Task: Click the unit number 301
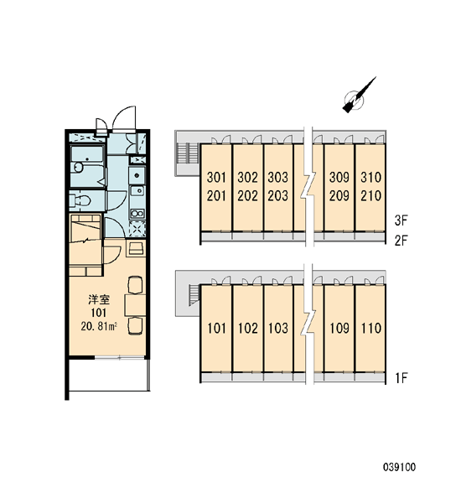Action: click(x=216, y=177)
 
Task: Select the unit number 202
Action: click(x=247, y=195)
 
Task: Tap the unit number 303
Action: click(x=278, y=177)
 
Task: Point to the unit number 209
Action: click(x=339, y=195)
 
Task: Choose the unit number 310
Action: click(x=370, y=177)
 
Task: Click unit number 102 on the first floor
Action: click(x=247, y=328)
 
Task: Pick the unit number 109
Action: click(x=339, y=328)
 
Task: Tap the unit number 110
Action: click(x=371, y=328)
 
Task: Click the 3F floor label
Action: click(x=401, y=220)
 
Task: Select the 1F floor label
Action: click(x=401, y=378)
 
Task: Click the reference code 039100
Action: click(x=399, y=467)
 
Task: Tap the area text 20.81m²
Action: click(x=99, y=327)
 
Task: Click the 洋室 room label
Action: click(x=99, y=300)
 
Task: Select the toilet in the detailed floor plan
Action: click(x=80, y=201)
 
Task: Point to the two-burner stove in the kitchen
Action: click(x=137, y=214)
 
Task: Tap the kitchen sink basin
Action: click(x=137, y=175)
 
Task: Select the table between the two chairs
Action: click(x=135, y=305)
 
